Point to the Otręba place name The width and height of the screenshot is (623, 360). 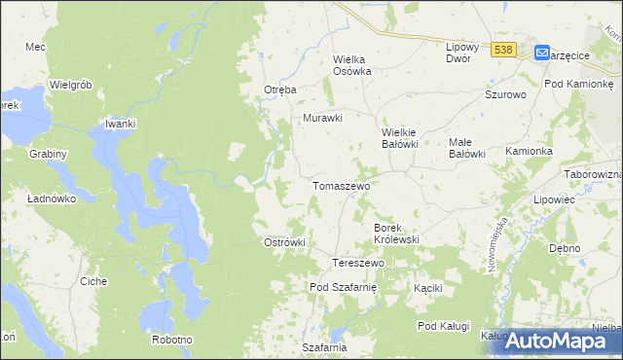tap(280, 90)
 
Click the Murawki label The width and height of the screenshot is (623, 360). tap(323, 118)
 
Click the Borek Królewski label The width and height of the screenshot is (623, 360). tap(396, 233)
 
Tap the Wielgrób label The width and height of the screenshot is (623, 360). tap(70, 85)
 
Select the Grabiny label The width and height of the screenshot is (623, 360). tap(48, 154)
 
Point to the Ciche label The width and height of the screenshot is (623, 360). tap(93, 281)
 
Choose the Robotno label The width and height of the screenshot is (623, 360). tap(171, 340)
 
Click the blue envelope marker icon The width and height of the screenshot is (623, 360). tap(542, 54)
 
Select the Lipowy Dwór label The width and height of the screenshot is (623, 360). tap(458, 53)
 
